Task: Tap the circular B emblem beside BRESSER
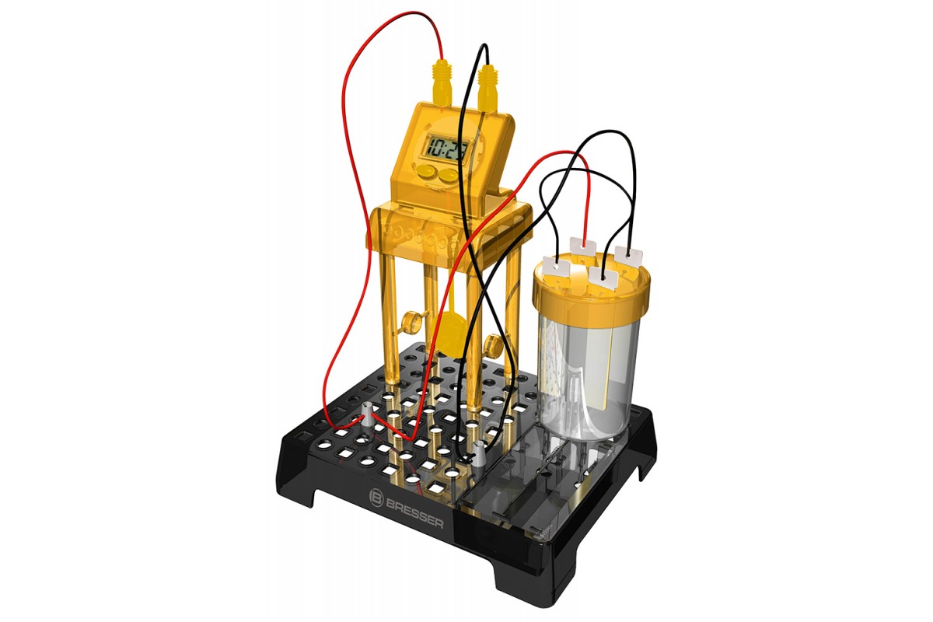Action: point(376,498)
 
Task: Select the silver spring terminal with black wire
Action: point(478,456)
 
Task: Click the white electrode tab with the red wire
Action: point(582,246)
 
